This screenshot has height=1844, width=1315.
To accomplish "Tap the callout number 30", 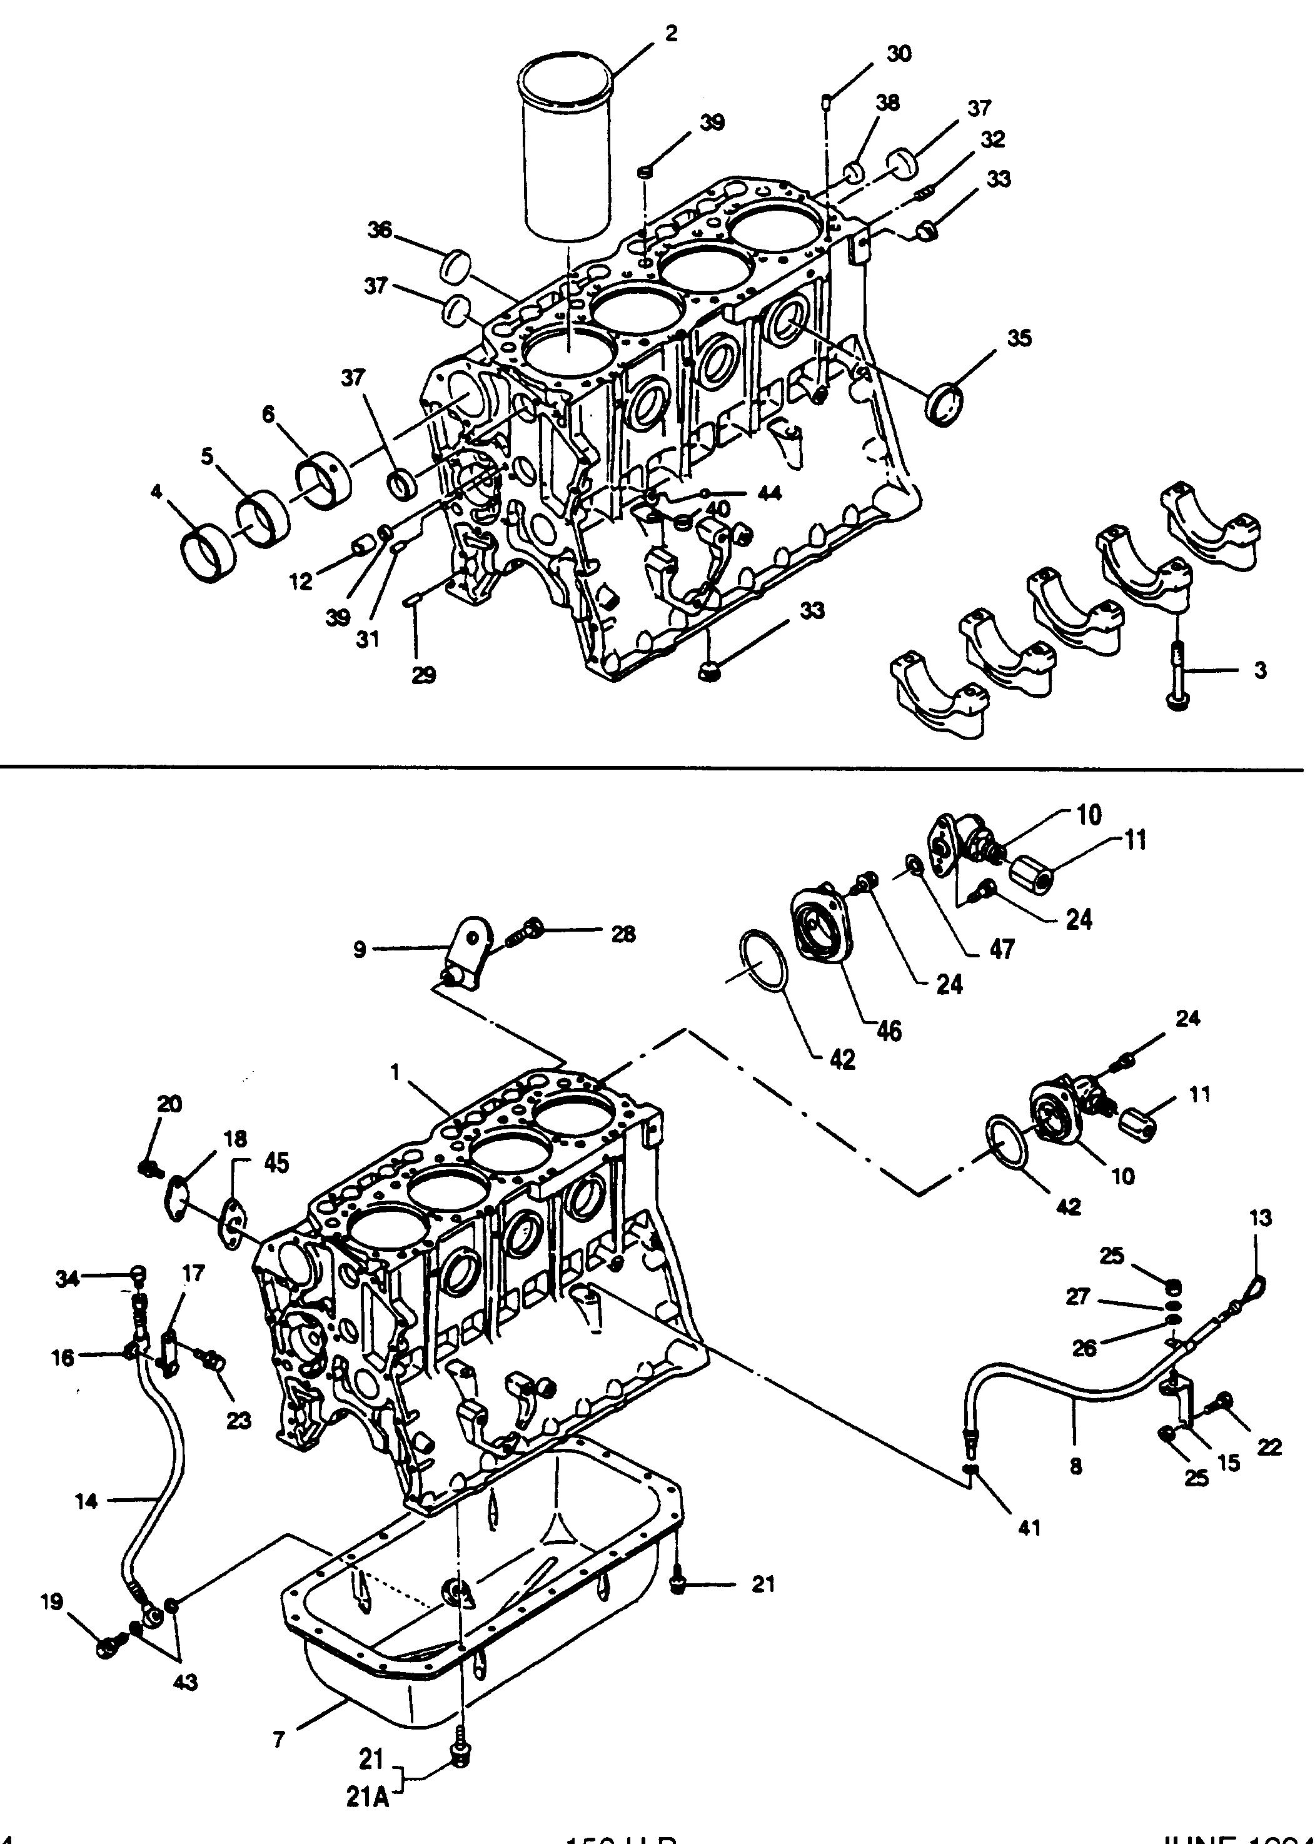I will tap(899, 53).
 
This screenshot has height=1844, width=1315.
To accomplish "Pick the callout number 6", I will tap(269, 415).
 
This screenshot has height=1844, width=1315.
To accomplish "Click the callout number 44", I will tap(769, 493).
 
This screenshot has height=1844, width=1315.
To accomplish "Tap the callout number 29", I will tap(423, 674).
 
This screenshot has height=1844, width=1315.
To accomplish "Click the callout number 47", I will tap(1002, 949).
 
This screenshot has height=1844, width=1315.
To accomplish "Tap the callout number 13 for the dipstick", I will tap(1261, 1240).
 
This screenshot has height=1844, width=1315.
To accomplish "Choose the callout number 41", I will tap(1029, 1528).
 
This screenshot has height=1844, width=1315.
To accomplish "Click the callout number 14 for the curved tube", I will tap(87, 1501).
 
